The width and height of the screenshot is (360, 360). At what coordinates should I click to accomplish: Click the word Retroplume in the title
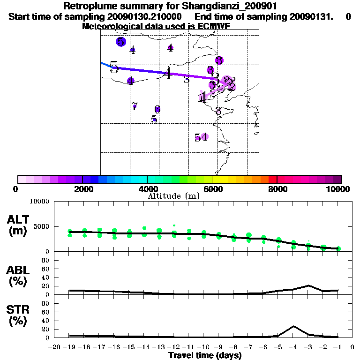pos(86,7)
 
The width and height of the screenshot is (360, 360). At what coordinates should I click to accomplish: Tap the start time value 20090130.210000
pos(145,17)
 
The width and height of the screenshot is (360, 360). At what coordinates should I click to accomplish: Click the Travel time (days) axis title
pos(205,356)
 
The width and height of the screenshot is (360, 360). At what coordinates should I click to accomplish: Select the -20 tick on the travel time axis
pos(54,347)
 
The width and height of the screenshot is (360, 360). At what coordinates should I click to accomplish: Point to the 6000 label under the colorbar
pos(212,189)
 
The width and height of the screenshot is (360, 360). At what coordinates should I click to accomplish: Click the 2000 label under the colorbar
pos(82,189)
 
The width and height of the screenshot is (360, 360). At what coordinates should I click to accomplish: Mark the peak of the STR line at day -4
pos(293,326)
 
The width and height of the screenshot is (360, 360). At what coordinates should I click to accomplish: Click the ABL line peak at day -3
pos(308,285)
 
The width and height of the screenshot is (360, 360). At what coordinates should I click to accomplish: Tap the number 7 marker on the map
pos(135,106)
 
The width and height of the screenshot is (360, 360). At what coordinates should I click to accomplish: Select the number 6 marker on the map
pos(157,109)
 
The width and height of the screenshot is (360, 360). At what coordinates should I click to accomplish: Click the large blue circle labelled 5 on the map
pos(121,42)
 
